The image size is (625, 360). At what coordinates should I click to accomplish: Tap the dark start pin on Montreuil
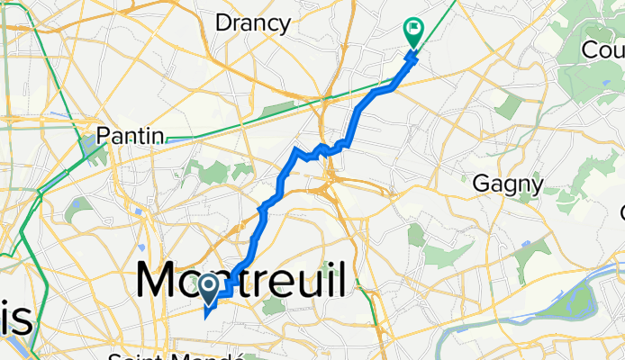(209, 289)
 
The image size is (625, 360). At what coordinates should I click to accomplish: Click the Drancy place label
(253, 23)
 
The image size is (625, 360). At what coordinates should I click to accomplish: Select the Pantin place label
(131, 136)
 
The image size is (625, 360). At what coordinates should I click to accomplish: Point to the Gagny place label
(508, 185)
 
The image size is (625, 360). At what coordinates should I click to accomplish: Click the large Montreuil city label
(240, 281)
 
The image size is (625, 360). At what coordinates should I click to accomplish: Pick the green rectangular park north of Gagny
(509, 108)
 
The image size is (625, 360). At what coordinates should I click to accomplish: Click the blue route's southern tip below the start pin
(206, 315)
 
